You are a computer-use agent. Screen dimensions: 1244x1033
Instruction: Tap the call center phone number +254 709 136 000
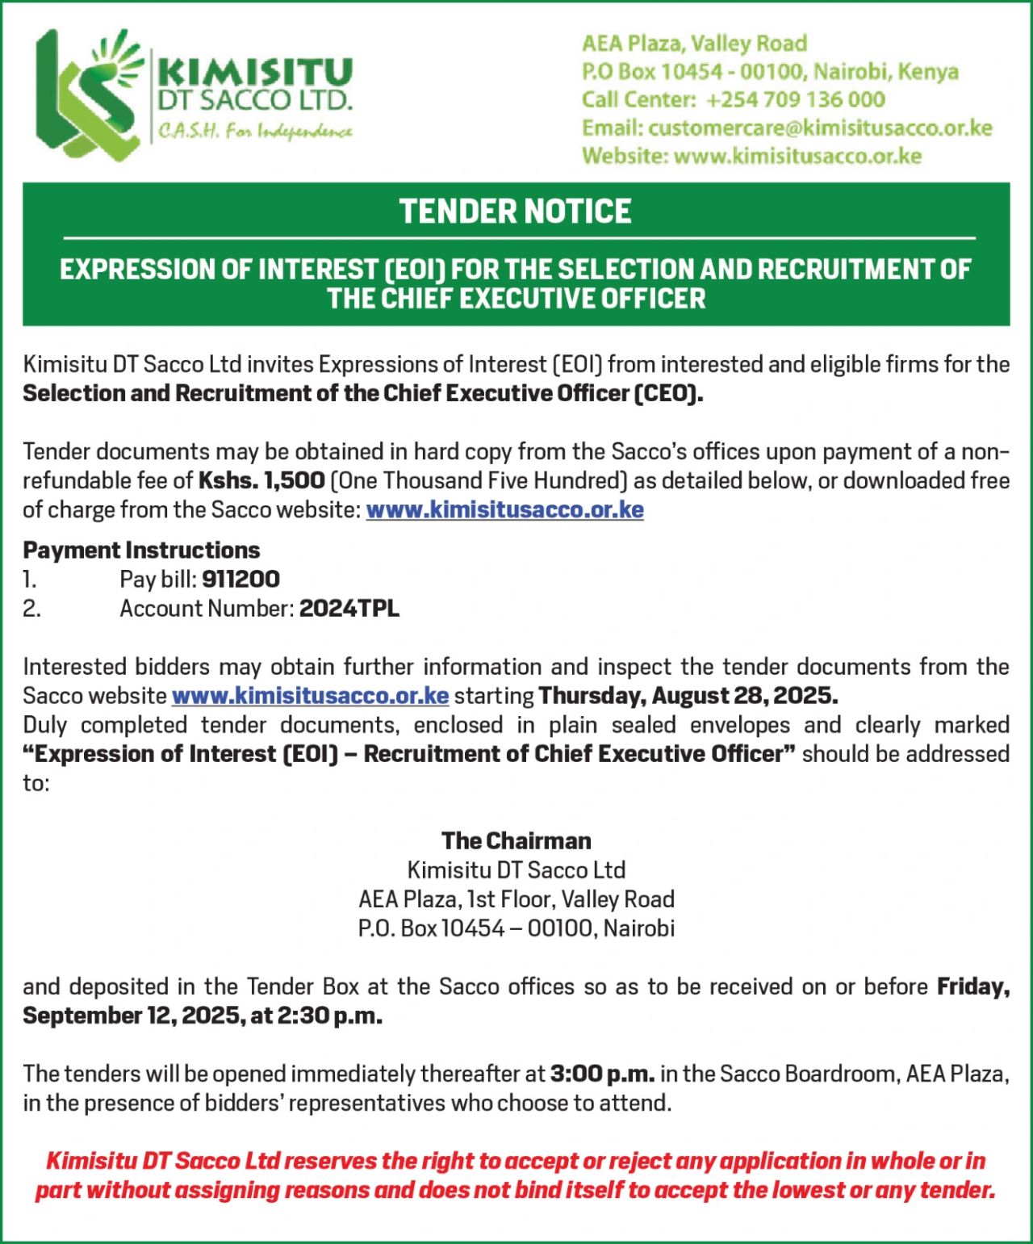point(795,100)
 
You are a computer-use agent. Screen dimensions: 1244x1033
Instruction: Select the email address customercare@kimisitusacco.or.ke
point(819,128)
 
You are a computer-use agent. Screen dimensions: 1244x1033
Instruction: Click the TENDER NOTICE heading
point(515,212)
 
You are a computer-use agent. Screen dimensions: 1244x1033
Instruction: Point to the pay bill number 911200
point(240,580)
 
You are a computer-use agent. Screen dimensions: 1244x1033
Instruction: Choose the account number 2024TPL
point(349,609)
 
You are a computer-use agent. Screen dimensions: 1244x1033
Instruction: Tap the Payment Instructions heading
point(141,551)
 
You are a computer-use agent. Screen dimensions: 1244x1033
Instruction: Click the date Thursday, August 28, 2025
point(688,696)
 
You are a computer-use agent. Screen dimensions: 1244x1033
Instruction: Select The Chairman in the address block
point(516,841)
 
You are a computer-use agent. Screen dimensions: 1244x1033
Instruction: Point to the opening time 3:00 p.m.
point(601,1074)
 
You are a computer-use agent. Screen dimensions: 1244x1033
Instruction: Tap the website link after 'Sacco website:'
point(504,510)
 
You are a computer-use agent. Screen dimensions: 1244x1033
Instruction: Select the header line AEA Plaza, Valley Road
point(694,44)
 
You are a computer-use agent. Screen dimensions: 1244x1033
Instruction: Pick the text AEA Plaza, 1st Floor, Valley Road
point(516,899)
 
